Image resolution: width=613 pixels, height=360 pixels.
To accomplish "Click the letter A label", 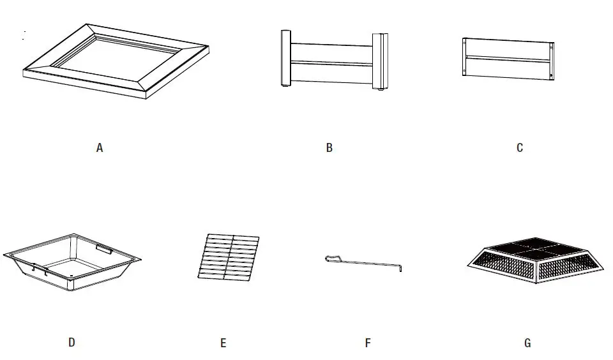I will coord(99,148).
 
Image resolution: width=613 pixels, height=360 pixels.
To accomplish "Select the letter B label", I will coord(329,148).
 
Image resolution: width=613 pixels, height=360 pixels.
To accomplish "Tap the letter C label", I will coord(520,148).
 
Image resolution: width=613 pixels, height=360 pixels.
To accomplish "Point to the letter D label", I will coord(72,343).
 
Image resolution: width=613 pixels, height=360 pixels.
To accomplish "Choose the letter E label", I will coord(223,343).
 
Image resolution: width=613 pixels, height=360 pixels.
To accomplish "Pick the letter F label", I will coord(368,343).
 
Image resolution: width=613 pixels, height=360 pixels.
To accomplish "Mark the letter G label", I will coord(527,343).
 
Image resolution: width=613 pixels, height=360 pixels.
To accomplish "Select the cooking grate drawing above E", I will coord(229,257).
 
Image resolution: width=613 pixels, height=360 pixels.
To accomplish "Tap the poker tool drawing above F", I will coord(364,261).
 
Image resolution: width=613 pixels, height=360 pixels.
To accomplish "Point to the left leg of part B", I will coord(285,57).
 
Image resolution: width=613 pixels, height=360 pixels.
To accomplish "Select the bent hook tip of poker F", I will coord(400,267).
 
